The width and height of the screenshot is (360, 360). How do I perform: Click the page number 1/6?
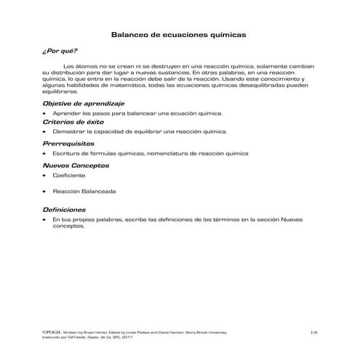tap(313, 332)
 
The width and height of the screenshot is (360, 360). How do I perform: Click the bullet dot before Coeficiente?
tap(45, 176)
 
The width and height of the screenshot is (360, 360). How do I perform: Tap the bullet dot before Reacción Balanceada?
tap(45, 191)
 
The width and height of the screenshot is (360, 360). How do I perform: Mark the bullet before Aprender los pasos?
tap(45, 113)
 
